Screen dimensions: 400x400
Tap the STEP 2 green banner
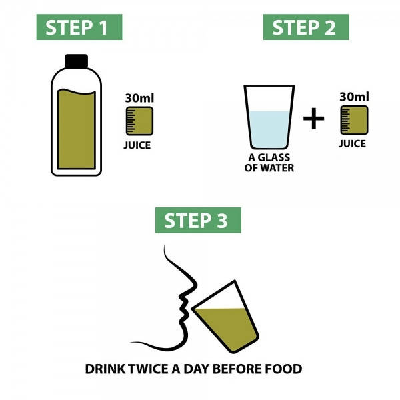click(310, 28)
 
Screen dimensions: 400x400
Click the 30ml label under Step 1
click(140, 98)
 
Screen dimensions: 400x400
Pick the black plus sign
click(313, 119)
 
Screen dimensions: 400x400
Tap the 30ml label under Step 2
click(354, 97)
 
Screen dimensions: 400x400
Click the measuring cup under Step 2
click(353, 120)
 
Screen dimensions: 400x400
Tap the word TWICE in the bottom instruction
click(151, 369)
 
